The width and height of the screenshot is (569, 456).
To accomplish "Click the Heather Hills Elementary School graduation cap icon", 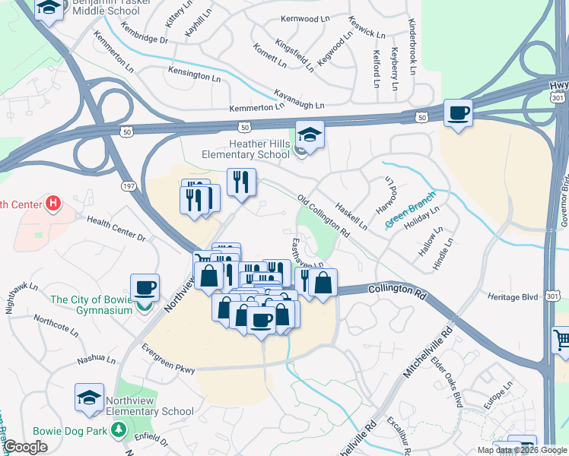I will [x=310, y=135].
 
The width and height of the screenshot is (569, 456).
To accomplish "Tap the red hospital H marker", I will [x=52, y=203].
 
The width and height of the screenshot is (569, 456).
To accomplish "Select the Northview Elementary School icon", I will [x=90, y=397].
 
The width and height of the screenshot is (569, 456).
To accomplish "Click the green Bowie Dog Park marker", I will [x=118, y=430].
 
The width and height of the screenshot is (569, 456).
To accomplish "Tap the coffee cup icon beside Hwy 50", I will [x=457, y=113].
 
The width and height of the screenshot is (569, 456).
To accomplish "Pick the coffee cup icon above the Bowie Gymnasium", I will [x=145, y=289].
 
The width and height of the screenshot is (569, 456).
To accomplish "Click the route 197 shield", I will [x=128, y=185].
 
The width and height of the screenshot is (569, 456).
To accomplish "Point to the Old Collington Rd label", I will [x=323, y=216].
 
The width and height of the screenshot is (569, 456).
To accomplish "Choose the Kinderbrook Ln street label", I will [x=412, y=46].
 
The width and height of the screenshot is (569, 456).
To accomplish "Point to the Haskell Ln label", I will [x=351, y=215].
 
